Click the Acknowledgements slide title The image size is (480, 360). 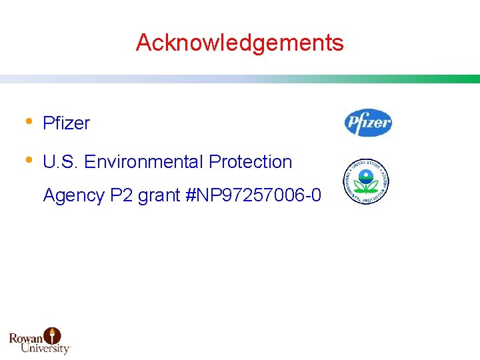click(239, 43)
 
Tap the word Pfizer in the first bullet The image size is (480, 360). click(66, 123)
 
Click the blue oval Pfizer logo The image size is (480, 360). click(368, 123)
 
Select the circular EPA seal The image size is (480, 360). click(365, 181)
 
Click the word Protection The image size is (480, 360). click(251, 162)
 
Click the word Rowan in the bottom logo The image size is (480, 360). click(26, 338)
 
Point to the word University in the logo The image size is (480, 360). click(45, 348)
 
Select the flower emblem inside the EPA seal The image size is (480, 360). click(365, 179)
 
